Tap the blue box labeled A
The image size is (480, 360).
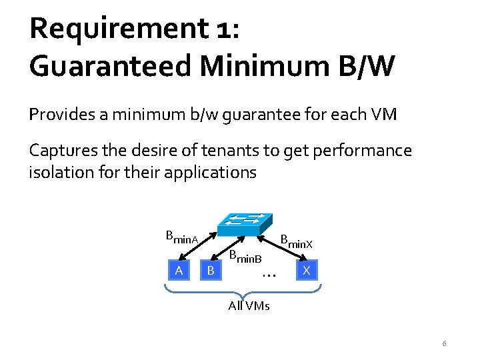coord(178,270)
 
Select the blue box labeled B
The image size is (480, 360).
coord(211,270)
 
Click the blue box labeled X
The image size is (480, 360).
coord(306,270)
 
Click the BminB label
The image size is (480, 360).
coord(245,256)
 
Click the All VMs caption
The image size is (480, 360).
coord(249,306)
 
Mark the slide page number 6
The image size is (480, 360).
coord(444,344)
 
